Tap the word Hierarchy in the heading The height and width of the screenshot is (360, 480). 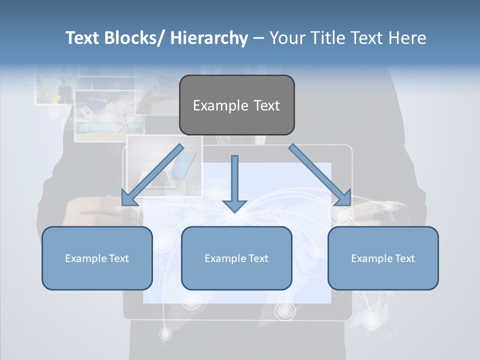[x=208, y=38]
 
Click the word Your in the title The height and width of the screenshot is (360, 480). [x=286, y=38]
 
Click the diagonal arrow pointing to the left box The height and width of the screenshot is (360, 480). [x=152, y=175]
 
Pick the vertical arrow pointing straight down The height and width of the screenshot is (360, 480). [x=234, y=180]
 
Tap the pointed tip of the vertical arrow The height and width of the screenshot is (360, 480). [x=234, y=211]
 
